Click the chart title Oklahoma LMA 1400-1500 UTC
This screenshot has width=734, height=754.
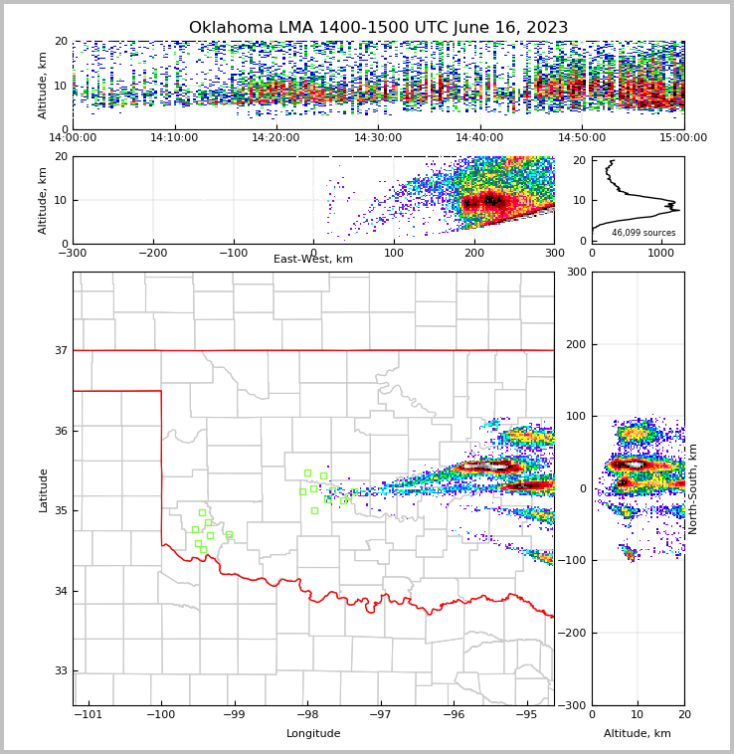[378, 28]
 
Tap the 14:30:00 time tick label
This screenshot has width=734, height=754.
[378, 138]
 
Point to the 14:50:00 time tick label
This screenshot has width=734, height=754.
[582, 138]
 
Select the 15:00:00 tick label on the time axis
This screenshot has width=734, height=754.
[683, 138]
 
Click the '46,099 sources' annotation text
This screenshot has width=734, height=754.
[643, 233]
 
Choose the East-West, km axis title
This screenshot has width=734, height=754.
[313, 260]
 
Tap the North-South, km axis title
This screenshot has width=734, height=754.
[693, 488]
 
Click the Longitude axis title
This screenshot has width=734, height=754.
[313, 734]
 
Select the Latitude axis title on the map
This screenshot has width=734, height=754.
[44, 489]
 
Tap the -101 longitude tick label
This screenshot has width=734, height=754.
[89, 715]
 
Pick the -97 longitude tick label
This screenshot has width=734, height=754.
[380, 715]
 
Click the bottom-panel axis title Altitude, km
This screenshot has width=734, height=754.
[638, 734]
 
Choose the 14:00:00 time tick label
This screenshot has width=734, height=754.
[73, 138]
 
